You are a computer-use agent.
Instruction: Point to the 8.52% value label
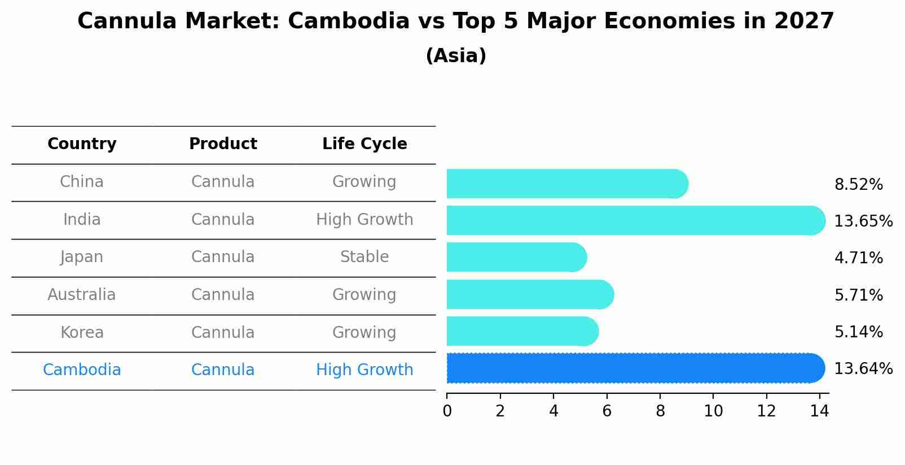click(858, 185)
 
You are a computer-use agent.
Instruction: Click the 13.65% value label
click(863, 221)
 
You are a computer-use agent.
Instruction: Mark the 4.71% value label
click(858, 258)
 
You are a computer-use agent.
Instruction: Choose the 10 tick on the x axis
click(713, 411)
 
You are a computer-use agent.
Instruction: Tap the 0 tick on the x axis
click(447, 411)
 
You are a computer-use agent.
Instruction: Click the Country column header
click(82, 144)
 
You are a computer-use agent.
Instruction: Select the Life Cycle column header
click(364, 144)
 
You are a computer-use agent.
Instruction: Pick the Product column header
click(223, 144)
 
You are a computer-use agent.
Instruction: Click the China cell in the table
click(82, 182)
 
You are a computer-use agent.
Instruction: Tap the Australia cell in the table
click(82, 295)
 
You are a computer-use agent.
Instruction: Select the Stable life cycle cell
click(364, 257)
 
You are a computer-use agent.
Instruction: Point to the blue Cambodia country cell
click(82, 370)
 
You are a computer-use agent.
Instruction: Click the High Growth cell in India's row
click(364, 220)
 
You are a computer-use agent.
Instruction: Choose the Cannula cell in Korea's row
click(223, 333)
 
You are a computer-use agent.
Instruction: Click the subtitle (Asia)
click(456, 56)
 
